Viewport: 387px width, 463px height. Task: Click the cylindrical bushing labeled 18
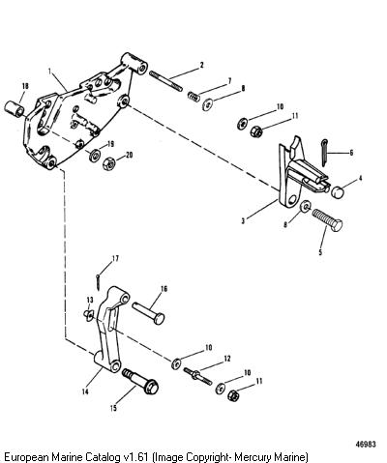pos(15,108)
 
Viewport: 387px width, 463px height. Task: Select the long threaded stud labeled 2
pos(165,81)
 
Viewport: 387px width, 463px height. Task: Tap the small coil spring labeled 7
pos(193,97)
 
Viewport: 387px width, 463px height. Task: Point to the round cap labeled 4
pos(338,192)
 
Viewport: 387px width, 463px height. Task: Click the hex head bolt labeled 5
pos(327,219)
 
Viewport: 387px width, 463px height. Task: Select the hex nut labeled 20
pos(109,163)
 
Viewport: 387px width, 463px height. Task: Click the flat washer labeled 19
pos(94,156)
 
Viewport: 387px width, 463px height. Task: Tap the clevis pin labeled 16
pos(148,313)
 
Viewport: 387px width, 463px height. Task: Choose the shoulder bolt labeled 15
pos(140,381)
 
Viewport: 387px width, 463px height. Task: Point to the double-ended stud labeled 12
pos(198,376)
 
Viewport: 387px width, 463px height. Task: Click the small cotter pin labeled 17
pos(98,281)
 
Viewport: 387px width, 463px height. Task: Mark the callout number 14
pos(85,391)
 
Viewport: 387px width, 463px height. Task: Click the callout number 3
pos(243,221)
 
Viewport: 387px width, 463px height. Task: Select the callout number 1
pos(49,72)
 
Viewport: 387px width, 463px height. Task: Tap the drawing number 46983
pos(366,445)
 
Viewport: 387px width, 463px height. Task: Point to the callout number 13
pos(90,300)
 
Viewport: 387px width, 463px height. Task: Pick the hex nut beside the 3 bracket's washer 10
pos(256,130)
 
